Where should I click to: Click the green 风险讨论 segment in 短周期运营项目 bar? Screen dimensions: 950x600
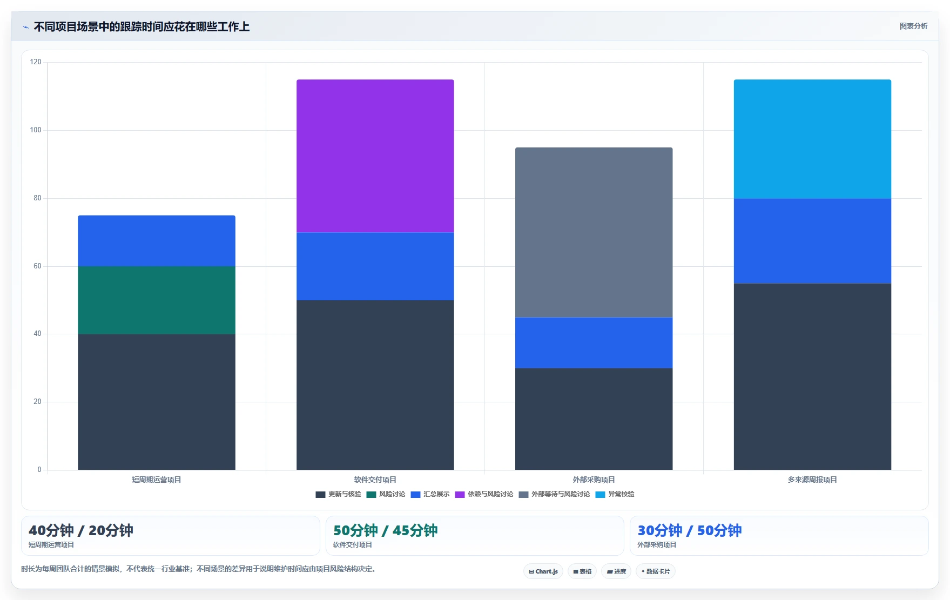pyautogui.click(x=157, y=300)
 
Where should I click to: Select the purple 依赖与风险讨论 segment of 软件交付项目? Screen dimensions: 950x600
pyautogui.click(x=375, y=156)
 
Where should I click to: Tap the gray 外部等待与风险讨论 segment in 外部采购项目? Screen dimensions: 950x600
pyautogui.click(x=594, y=232)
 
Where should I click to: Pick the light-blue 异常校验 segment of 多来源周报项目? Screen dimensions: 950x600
pyautogui.click(x=812, y=139)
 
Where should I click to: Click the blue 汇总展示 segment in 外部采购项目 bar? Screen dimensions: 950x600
pyautogui.click(x=594, y=343)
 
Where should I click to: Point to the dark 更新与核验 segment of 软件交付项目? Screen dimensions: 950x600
pyautogui.click(x=375, y=385)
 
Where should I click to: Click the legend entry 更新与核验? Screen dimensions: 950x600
pyautogui.click(x=339, y=494)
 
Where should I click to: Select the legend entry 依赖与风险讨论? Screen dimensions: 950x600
pyautogui.click(x=484, y=494)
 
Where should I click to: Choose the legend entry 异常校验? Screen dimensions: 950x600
pyautogui.click(x=615, y=494)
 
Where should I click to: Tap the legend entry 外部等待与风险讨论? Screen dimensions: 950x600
pyautogui.click(x=555, y=494)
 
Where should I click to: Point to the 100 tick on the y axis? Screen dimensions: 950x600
pyautogui.click(x=36, y=130)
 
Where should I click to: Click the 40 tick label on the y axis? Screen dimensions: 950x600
pyautogui.click(x=37, y=334)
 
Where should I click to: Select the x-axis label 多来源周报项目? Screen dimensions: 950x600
pyautogui.click(x=812, y=480)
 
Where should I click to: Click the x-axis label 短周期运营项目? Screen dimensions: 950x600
pyautogui.click(x=157, y=480)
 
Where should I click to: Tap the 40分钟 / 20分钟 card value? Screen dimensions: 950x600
pyautogui.click(x=81, y=530)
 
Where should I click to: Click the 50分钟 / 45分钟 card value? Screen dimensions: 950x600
pyautogui.click(x=386, y=530)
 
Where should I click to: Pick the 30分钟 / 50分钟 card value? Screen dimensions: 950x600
pyautogui.click(x=690, y=530)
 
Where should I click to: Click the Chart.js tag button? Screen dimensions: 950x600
pyautogui.click(x=543, y=571)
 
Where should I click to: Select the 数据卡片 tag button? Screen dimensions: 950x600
pyautogui.click(x=656, y=571)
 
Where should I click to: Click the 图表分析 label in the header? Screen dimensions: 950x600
pyautogui.click(x=913, y=26)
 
